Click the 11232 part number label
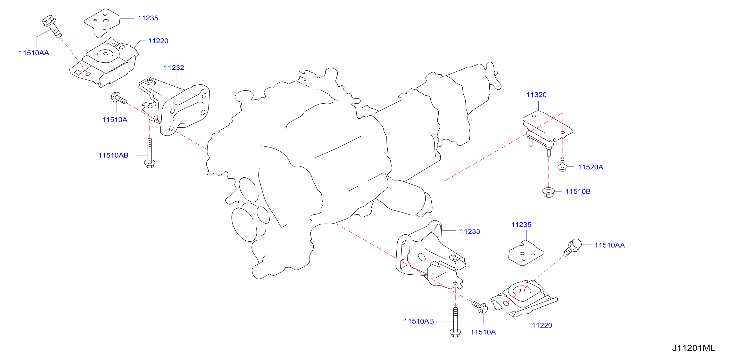174,67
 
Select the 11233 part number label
470,231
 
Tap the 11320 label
536,95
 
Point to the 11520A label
590,167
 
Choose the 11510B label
578,191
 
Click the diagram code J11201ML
694,348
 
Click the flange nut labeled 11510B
548,192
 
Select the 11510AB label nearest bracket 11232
113,155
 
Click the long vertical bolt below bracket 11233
455,322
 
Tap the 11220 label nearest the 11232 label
158,41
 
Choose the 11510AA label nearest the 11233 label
610,245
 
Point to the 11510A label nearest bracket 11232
115,120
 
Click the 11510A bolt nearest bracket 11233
479,307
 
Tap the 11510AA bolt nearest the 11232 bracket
52,26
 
